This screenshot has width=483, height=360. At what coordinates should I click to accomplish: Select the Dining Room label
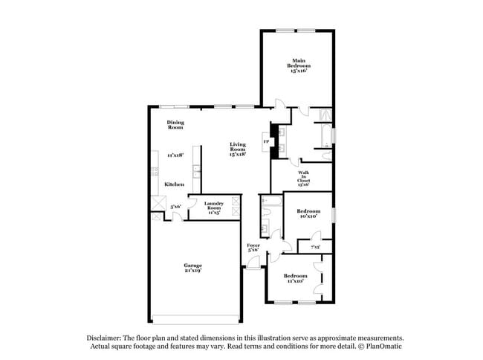[x=175, y=125]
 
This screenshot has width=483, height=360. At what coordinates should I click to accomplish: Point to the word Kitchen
[x=174, y=184]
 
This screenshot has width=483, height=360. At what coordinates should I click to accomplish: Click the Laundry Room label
[x=213, y=207]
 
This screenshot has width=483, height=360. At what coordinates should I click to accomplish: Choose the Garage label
[x=193, y=269]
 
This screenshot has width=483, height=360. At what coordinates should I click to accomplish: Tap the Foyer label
[x=253, y=248]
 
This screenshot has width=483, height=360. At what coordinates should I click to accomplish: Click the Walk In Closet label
[x=304, y=176]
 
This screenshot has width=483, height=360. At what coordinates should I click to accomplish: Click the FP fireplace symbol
[x=265, y=141]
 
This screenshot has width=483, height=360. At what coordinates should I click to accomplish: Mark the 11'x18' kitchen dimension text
[x=175, y=155]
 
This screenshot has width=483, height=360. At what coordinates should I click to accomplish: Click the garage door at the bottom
[x=195, y=321]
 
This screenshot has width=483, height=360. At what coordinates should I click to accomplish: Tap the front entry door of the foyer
[x=253, y=265]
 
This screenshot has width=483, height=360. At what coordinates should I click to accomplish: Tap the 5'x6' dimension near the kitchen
[x=176, y=206]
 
